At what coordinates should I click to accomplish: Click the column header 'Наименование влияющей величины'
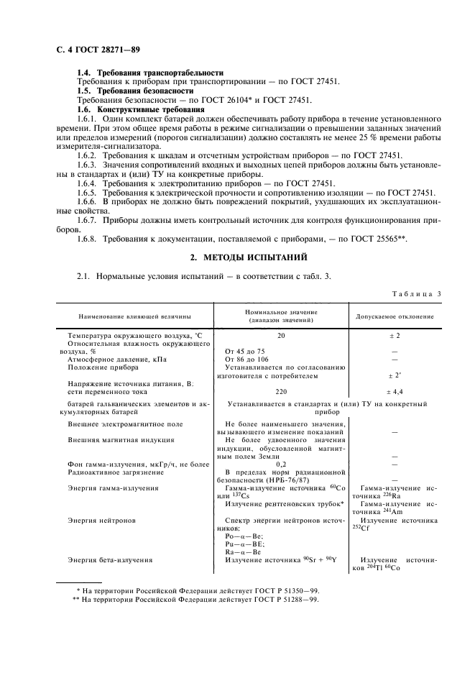[130, 316]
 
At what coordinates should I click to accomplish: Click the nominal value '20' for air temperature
[282, 336]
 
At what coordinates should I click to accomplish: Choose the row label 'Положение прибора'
[105, 367]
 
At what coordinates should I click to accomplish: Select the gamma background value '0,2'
[282, 472]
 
